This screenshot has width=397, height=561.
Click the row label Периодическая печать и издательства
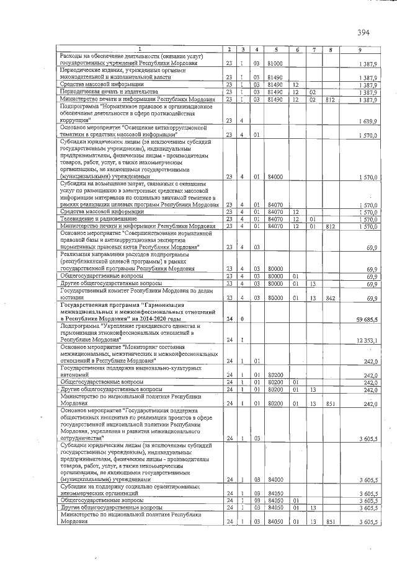point(102,92)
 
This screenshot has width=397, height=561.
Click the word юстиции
point(72,299)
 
